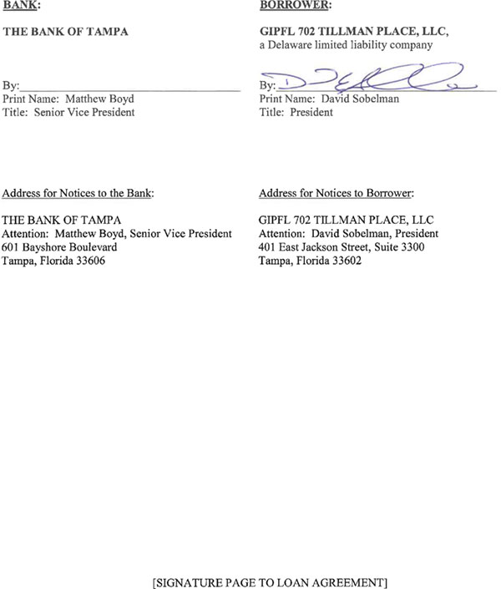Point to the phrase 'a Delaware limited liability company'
coord(346,46)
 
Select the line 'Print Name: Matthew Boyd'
coord(68,99)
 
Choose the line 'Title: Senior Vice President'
coord(68,112)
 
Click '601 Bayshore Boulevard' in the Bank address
coord(60,247)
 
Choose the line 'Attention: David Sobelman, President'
coord(348,234)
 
